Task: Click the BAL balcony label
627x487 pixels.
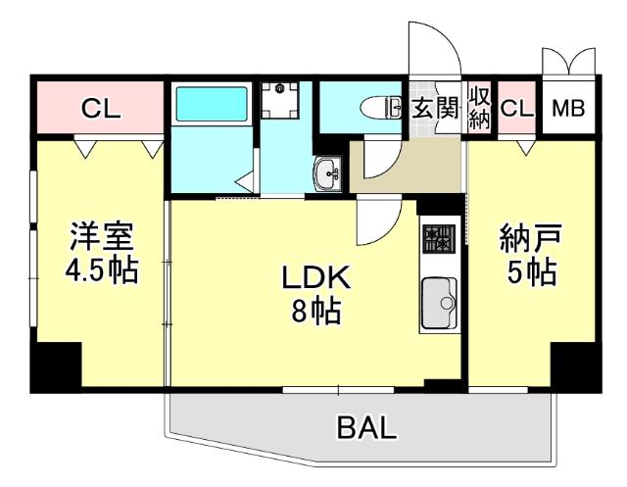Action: pyautogui.click(x=368, y=427)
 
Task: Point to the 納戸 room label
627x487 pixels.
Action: pyautogui.click(x=531, y=238)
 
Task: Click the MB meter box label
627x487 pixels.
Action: pyautogui.click(x=568, y=108)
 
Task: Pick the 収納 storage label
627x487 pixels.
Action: pyautogui.click(x=479, y=108)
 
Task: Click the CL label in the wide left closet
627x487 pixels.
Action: pyautogui.click(x=100, y=108)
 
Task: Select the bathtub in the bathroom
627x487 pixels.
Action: pyautogui.click(x=211, y=106)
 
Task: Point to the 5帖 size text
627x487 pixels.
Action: pyautogui.click(x=531, y=271)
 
